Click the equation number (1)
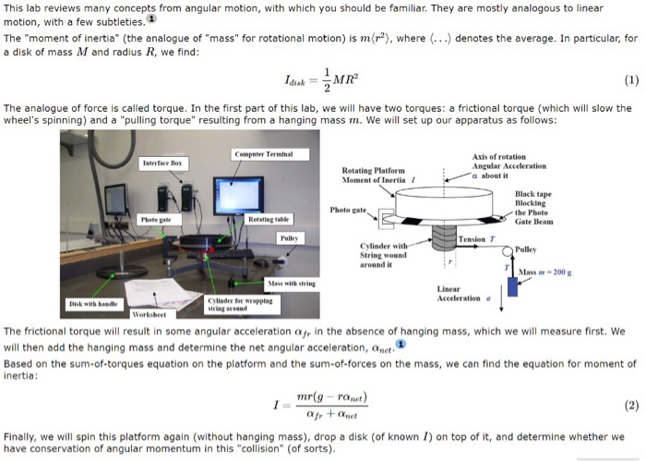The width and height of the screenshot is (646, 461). (x=630, y=79)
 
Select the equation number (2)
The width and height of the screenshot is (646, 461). (x=630, y=405)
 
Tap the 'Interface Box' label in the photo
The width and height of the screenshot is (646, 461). (x=162, y=162)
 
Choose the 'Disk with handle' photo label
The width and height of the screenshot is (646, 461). (x=91, y=302)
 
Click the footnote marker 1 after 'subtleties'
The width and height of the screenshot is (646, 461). (x=151, y=18)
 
